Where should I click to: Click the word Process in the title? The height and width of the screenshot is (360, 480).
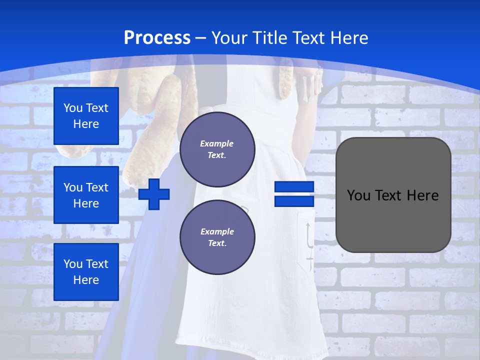pos(157,38)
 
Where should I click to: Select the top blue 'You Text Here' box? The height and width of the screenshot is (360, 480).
pos(86,116)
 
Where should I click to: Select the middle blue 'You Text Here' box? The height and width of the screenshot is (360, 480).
pos(86,195)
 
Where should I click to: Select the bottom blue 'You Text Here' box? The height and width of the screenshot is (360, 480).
pos(86,271)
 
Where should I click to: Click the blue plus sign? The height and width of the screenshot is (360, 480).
pos(154,194)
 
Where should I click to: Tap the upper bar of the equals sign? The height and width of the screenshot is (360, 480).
pos(294,187)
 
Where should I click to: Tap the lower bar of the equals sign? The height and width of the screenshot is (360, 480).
pos(294,201)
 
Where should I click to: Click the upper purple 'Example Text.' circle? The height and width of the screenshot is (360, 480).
pos(217,149)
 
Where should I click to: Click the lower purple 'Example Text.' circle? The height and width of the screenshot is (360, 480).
pos(217,237)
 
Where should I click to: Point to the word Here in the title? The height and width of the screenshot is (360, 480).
pos(348,38)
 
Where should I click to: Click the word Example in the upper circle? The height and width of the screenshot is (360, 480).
pos(217,143)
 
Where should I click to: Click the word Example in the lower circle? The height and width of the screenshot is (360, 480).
pos(217,231)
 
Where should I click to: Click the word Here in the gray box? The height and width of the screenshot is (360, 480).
pos(422,195)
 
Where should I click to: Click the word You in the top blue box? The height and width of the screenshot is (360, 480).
pos(73,108)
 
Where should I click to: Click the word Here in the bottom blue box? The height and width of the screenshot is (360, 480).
pos(86,280)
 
